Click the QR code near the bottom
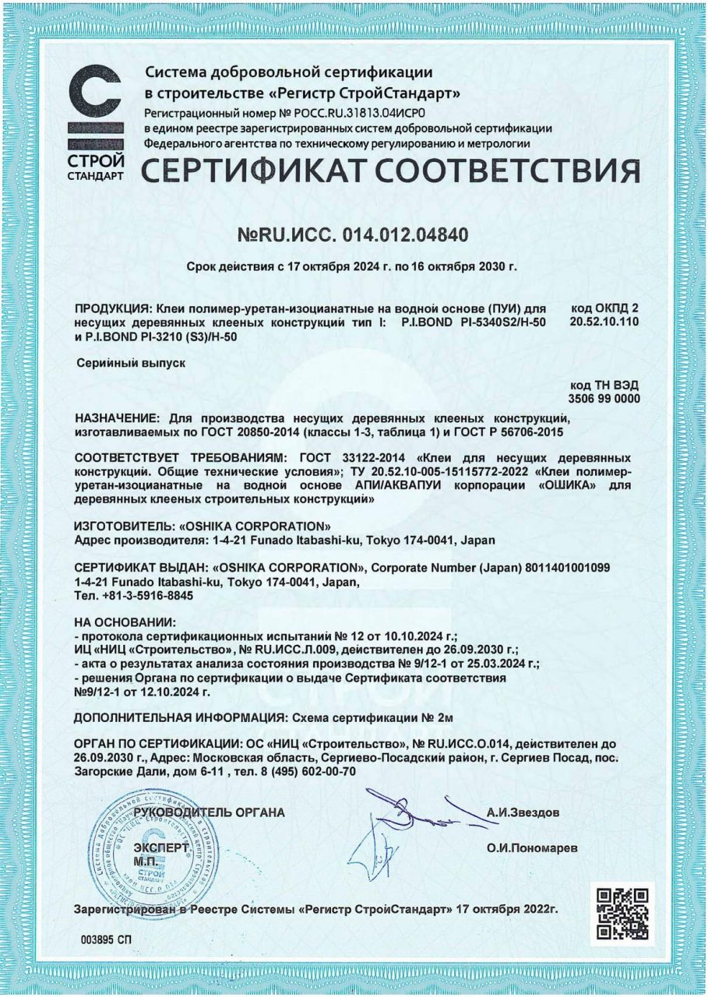622,912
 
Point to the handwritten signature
405,826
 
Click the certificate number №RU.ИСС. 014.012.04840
353,234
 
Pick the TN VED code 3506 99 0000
604,398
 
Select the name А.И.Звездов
522,812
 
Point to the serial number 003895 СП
106,940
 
